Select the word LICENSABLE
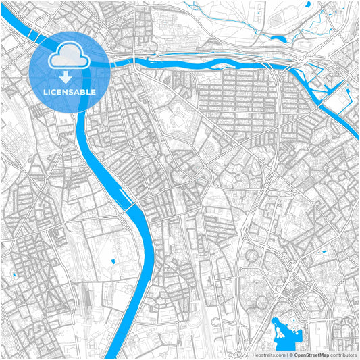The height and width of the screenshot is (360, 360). [x=70, y=91]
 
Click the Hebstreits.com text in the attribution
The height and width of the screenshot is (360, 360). [x=268, y=354]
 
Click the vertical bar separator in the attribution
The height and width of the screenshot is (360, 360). [x=286, y=354]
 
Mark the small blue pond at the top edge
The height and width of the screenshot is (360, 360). [x=308, y=5]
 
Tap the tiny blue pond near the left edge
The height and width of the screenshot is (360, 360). [x=14, y=274]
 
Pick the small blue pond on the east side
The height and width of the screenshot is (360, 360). [x=325, y=252]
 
